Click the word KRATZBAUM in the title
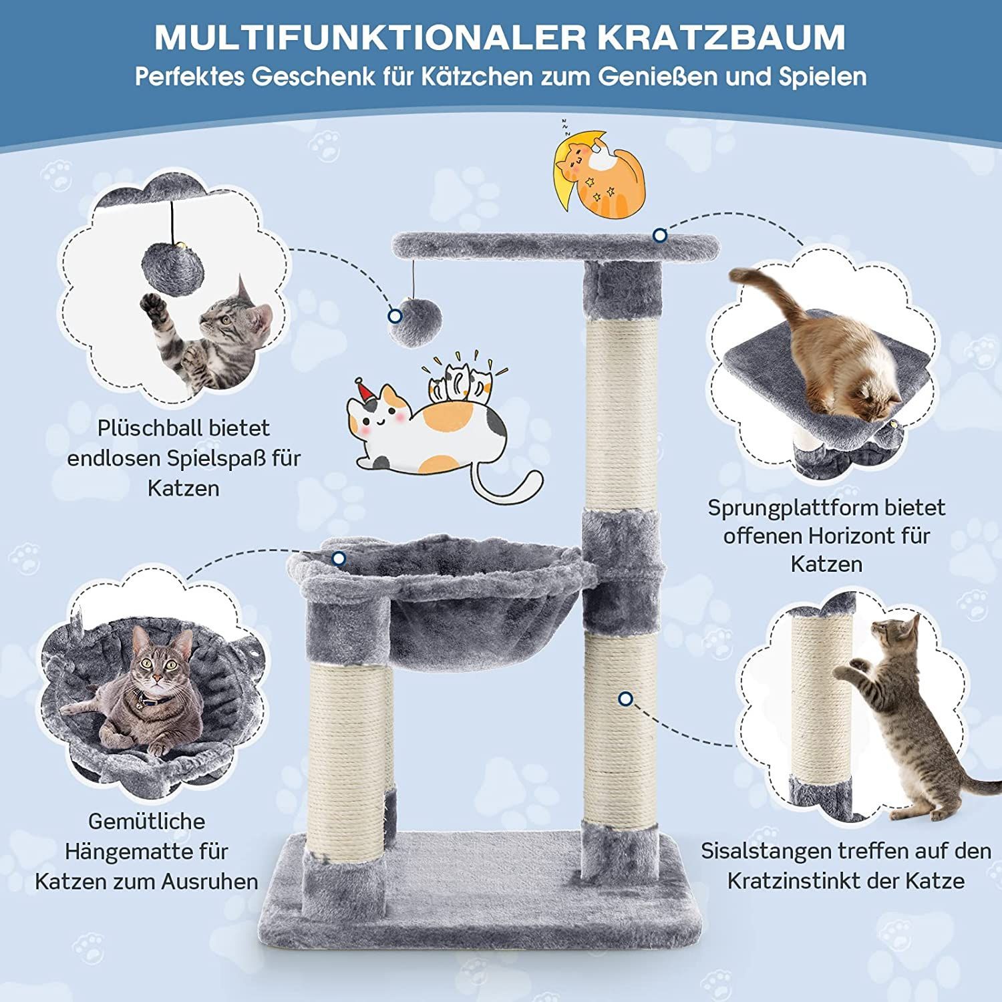coord(721,37)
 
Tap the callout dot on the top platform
coord(660,235)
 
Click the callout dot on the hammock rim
coord(339,558)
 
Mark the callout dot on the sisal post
coord(625,699)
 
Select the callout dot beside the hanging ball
coord(395,316)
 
